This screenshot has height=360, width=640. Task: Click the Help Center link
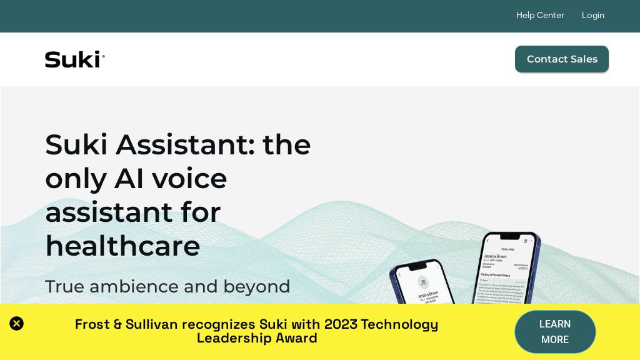tap(540, 15)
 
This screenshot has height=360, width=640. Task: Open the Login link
tap(592, 15)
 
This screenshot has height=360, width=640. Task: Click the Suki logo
tap(74, 59)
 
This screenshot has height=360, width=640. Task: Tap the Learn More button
tap(555, 332)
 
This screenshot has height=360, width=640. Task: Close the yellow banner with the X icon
tap(17, 324)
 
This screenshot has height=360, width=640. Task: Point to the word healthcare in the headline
tap(122, 246)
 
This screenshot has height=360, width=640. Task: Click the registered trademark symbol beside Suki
tap(103, 56)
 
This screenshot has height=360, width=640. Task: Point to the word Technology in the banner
tap(399, 324)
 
